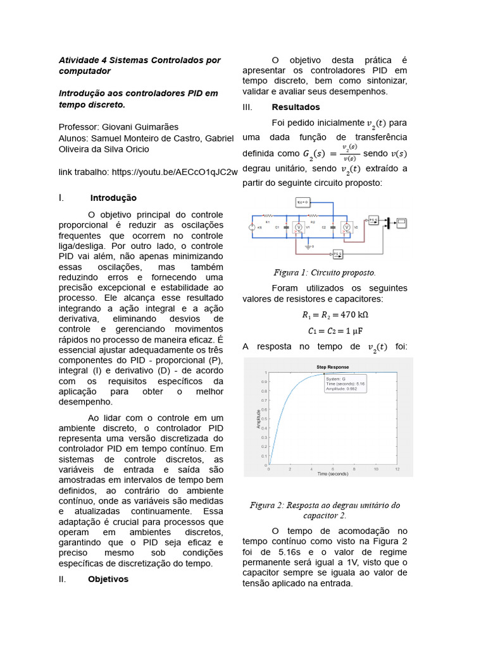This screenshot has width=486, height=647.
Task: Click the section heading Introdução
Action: click(113, 198)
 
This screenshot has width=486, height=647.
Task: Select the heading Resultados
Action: click(296, 107)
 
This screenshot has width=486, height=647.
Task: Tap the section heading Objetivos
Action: click(108, 579)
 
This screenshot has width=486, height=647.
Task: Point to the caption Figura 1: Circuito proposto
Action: click(325, 273)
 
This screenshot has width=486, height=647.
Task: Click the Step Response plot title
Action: click(332, 366)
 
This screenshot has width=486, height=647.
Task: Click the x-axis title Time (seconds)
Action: click(332, 473)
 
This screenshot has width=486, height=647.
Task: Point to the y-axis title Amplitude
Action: click(258, 419)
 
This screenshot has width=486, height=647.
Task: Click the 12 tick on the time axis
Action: click(397, 468)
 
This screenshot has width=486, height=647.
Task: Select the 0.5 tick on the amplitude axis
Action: click(264, 419)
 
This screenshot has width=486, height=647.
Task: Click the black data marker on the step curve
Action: click(325, 375)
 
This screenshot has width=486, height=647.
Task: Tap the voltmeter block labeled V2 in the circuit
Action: click(346, 228)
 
